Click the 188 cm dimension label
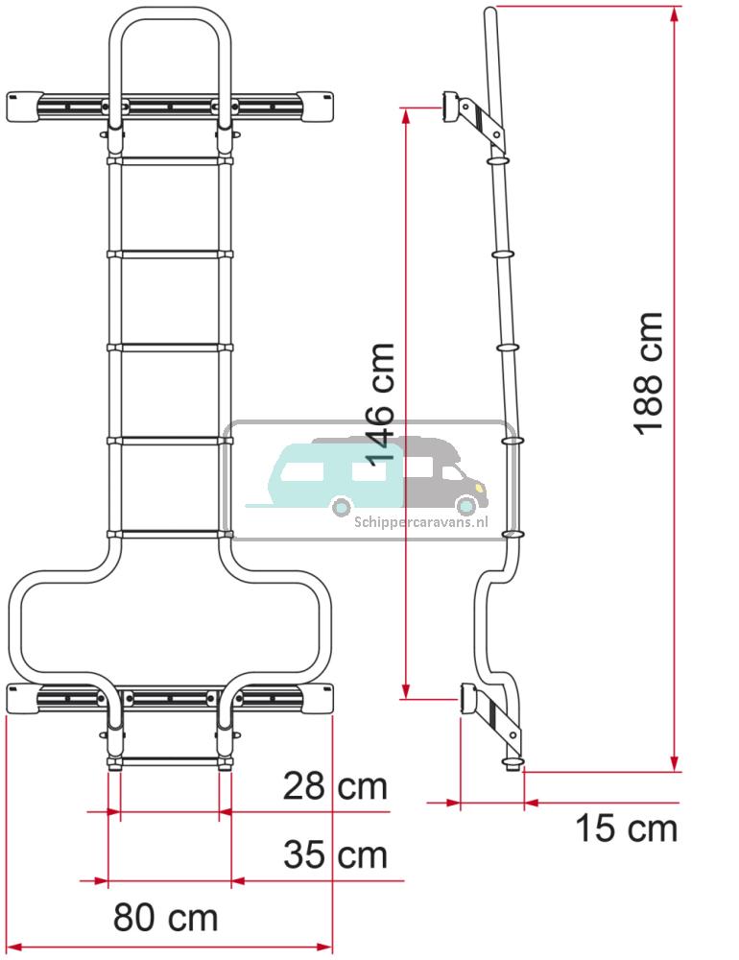(650, 373)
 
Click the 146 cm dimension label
(380, 401)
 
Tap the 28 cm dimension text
(335, 787)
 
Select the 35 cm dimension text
(335, 854)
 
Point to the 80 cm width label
(166, 918)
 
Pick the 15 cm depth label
(626, 828)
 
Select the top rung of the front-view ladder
(170, 161)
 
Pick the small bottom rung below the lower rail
(170, 761)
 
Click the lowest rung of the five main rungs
(170, 534)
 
